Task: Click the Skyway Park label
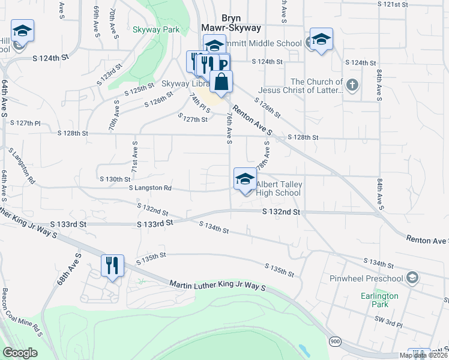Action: (x=157, y=29)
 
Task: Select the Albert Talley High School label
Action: (x=279, y=188)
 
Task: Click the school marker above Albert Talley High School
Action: (x=245, y=179)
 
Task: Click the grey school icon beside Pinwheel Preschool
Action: (x=412, y=277)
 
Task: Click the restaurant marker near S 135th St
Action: (x=112, y=265)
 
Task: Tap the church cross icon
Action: (x=352, y=85)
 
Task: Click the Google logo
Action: (x=20, y=353)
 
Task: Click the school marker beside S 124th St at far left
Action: (x=22, y=31)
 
